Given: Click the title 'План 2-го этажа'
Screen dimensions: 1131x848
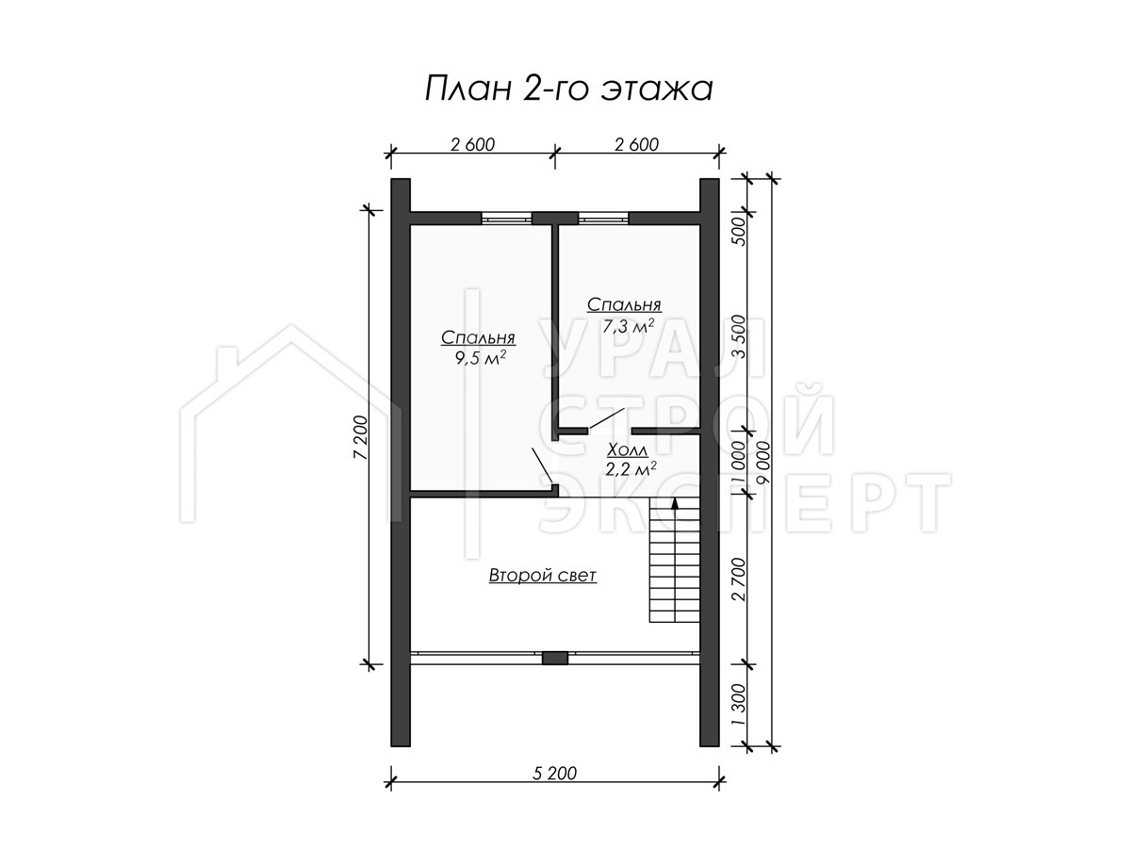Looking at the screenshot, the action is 568,90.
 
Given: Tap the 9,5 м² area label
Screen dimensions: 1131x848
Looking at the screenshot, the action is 479,358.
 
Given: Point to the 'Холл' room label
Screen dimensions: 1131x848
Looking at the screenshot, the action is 627,450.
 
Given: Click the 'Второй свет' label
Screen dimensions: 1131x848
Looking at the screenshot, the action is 543,575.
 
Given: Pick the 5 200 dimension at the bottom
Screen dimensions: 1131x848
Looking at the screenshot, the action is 554,774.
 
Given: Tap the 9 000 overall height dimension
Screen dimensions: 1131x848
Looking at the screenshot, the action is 762,462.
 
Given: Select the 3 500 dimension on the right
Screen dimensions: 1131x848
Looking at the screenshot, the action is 739,336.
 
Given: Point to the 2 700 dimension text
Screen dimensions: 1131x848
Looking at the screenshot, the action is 739,579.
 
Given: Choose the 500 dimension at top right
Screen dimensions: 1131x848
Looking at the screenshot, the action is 739,230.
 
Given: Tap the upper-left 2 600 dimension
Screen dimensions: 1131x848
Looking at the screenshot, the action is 472,145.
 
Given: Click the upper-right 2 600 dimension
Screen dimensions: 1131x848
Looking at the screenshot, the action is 636,145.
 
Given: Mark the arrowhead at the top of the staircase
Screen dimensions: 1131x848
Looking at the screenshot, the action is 675,503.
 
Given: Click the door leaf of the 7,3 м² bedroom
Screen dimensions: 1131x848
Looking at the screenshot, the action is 607,417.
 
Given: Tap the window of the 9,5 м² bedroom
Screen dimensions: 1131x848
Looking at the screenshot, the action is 506,219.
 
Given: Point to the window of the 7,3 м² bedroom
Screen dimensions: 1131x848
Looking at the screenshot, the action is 603,219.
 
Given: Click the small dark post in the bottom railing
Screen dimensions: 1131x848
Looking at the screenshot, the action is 555,658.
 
